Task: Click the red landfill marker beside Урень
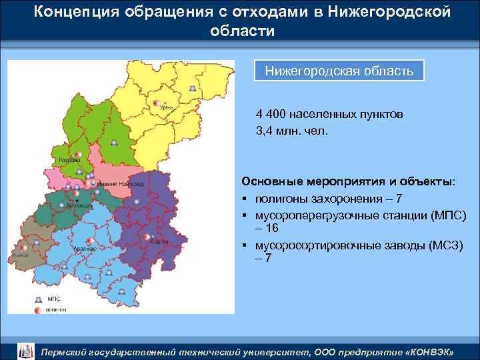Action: [x=157, y=103]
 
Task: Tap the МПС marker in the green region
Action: [x=115, y=143]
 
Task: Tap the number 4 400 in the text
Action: [x=271, y=114]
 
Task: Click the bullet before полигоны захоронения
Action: [x=245, y=199]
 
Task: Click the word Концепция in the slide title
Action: [x=74, y=12]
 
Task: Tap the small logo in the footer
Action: [x=24, y=351]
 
